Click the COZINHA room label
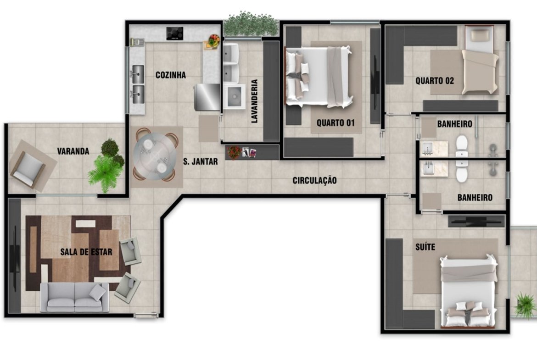pyautogui.click(x=171, y=75)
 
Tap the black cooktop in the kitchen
pyautogui.click(x=175, y=33)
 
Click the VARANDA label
pyautogui.click(x=73, y=151)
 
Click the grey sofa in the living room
pyautogui.click(x=75, y=297)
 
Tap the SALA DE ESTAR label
pyautogui.click(x=86, y=252)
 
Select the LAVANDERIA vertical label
pyautogui.click(x=254, y=101)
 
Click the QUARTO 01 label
pyautogui.click(x=336, y=122)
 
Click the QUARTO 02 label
pyautogui.click(x=435, y=81)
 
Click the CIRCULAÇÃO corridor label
pyautogui.click(x=314, y=180)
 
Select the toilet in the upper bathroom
pyautogui.click(x=462, y=146)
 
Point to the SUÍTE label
pyautogui.click(x=425, y=247)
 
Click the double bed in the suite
pyautogui.click(x=469, y=292)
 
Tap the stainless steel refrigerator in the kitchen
pyautogui.click(x=207, y=97)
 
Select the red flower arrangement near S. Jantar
pyautogui.click(x=234, y=152)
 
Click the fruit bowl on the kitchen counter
pyautogui.click(x=214, y=40)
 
